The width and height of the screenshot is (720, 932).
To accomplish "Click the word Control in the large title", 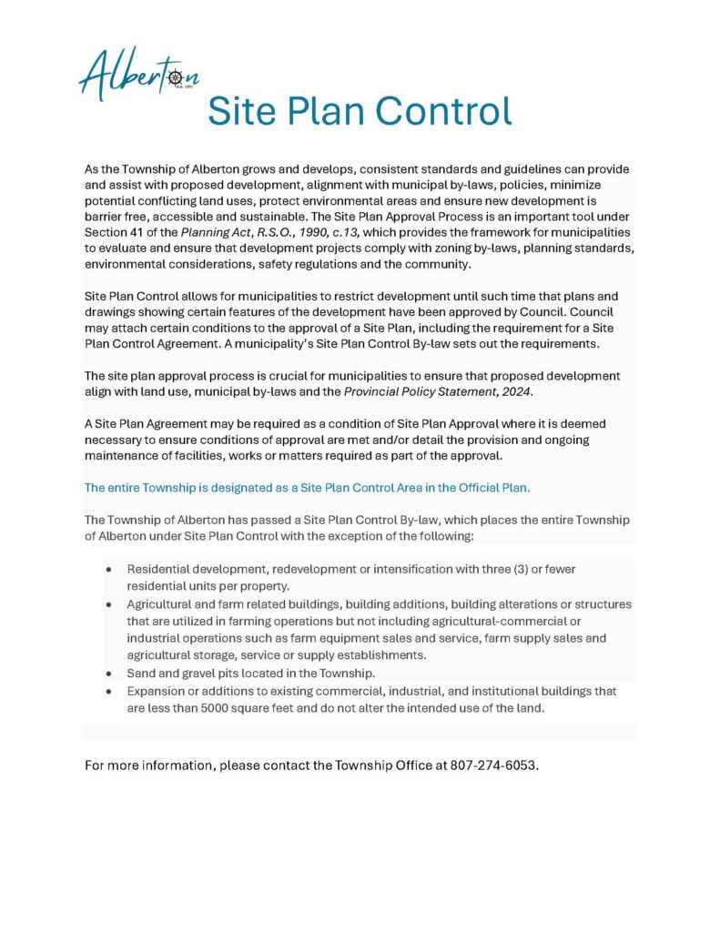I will tap(445, 111).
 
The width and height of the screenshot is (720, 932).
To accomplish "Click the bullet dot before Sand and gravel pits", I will tap(109, 674).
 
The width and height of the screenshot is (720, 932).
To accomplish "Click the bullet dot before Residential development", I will tap(109, 570).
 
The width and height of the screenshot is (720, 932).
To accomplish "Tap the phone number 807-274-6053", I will tap(493, 765).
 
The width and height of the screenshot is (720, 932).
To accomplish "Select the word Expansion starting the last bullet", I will tap(158, 691).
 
